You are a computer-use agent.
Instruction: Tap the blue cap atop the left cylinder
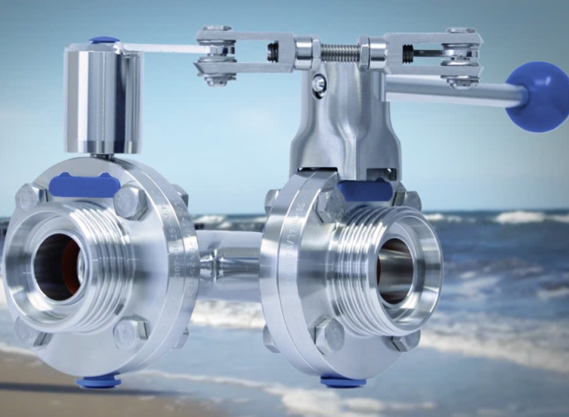[x=104, y=41]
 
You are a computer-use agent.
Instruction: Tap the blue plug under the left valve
[x=98, y=381]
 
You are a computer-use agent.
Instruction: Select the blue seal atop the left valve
[x=84, y=185]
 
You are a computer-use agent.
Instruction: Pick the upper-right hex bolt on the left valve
[x=130, y=202]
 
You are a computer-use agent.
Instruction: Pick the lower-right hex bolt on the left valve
[x=130, y=333]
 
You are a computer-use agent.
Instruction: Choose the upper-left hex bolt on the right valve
[x=331, y=205]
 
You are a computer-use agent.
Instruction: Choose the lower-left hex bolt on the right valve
[x=329, y=334]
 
